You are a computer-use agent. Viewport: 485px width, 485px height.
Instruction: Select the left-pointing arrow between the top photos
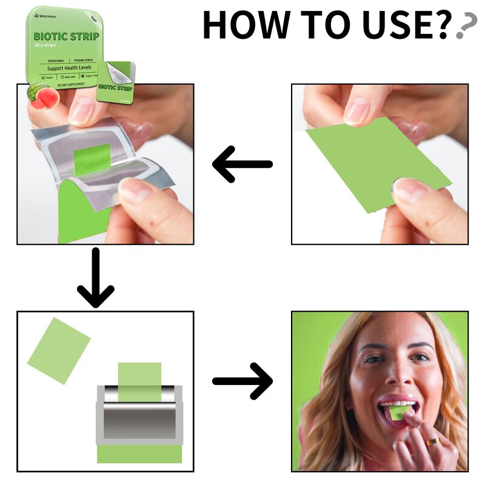[x=242, y=164]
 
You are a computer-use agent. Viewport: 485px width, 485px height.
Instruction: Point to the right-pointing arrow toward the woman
[x=242, y=381]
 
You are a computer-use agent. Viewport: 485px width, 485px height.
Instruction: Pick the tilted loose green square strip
[x=59, y=350]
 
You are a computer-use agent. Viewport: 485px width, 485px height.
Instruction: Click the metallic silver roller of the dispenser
[x=139, y=415]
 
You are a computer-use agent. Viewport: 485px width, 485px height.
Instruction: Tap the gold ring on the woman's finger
[x=432, y=443]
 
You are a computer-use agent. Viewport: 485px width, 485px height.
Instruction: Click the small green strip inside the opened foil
[x=92, y=159]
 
